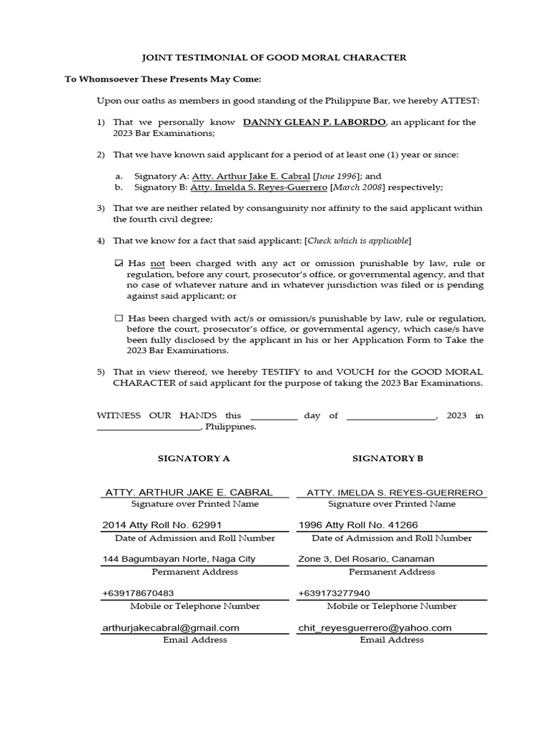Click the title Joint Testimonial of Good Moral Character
click(274, 57)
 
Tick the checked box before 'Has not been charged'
click(119, 264)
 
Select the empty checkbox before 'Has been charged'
click(119, 318)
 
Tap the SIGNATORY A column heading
click(194, 458)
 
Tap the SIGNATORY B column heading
click(388, 458)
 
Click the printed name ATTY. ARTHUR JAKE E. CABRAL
click(189, 492)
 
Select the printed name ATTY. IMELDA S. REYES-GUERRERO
click(395, 493)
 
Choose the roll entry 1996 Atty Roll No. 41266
click(358, 525)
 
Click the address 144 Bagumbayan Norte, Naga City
click(179, 559)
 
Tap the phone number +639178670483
click(139, 593)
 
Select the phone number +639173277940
click(334, 593)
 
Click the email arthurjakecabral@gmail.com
click(171, 628)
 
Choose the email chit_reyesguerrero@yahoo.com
click(375, 628)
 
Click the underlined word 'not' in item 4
click(158, 264)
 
